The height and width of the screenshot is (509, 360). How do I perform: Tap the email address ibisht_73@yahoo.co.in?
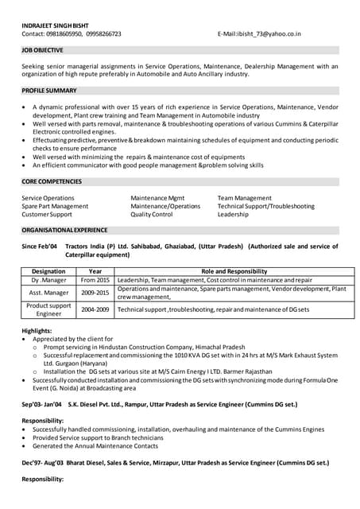coord(269,34)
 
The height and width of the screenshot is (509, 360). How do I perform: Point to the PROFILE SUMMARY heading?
coord(49,91)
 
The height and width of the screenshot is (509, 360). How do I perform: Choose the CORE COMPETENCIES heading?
coord(52,182)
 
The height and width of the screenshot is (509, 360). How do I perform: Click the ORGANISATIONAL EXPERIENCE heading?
coord(64,231)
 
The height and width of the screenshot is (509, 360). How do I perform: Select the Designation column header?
coord(48,271)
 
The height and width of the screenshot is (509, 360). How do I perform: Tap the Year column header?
coord(95,271)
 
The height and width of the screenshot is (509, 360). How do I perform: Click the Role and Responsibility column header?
coord(234,271)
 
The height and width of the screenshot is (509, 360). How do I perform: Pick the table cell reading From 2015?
coord(95,281)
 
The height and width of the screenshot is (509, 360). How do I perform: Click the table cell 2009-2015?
coord(95,293)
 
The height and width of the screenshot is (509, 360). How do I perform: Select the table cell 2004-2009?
coord(95,309)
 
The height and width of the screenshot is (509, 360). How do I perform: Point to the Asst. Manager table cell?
coord(48,293)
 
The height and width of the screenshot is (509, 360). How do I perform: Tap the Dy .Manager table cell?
coord(48,281)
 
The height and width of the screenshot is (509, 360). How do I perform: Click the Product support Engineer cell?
coord(48,309)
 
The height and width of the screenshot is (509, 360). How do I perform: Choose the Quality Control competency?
coord(152,215)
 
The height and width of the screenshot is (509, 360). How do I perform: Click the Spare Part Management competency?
coord(55,206)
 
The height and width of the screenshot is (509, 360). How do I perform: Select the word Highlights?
coord(37,330)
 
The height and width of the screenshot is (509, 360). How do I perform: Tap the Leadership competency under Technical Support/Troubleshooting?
coord(233,215)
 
